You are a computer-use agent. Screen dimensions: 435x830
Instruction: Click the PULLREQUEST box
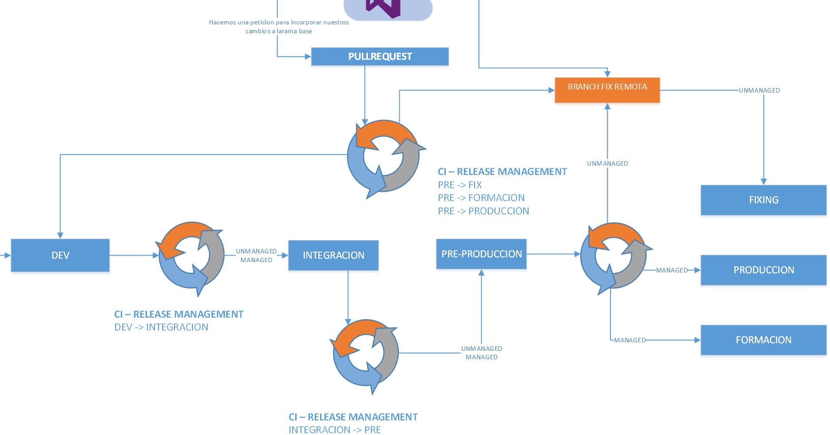[x=380, y=57]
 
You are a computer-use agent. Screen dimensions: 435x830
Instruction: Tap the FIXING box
[x=763, y=200]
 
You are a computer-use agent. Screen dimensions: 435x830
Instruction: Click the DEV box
[x=60, y=255]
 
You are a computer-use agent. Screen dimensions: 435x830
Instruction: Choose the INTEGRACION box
[x=333, y=255]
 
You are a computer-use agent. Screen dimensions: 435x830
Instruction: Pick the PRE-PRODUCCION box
[x=481, y=254]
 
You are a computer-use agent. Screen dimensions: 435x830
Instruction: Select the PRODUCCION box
[x=763, y=270]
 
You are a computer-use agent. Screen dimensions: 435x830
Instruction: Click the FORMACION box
[x=763, y=340]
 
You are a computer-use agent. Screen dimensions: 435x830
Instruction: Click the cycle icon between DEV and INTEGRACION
[x=191, y=256]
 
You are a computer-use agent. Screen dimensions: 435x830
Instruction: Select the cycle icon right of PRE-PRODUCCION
[x=614, y=256]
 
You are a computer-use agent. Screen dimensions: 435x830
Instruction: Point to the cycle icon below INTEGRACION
[x=366, y=353]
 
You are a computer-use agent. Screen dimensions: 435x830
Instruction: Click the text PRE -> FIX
[x=459, y=185]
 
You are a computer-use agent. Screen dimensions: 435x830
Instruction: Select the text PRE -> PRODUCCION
[x=483, y=211]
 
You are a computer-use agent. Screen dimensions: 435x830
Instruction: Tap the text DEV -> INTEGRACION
[x=161, y=327]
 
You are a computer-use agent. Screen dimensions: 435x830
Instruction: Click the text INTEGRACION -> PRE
[x=334, y=430]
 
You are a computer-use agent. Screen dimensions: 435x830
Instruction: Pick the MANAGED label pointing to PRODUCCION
[x=672, y=270]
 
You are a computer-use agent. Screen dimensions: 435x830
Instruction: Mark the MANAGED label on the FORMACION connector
[x=629, y=340]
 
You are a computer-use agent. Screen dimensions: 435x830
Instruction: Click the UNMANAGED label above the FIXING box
[x=759, y=90]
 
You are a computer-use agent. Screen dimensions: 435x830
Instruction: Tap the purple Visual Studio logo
[x=383, y=8]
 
